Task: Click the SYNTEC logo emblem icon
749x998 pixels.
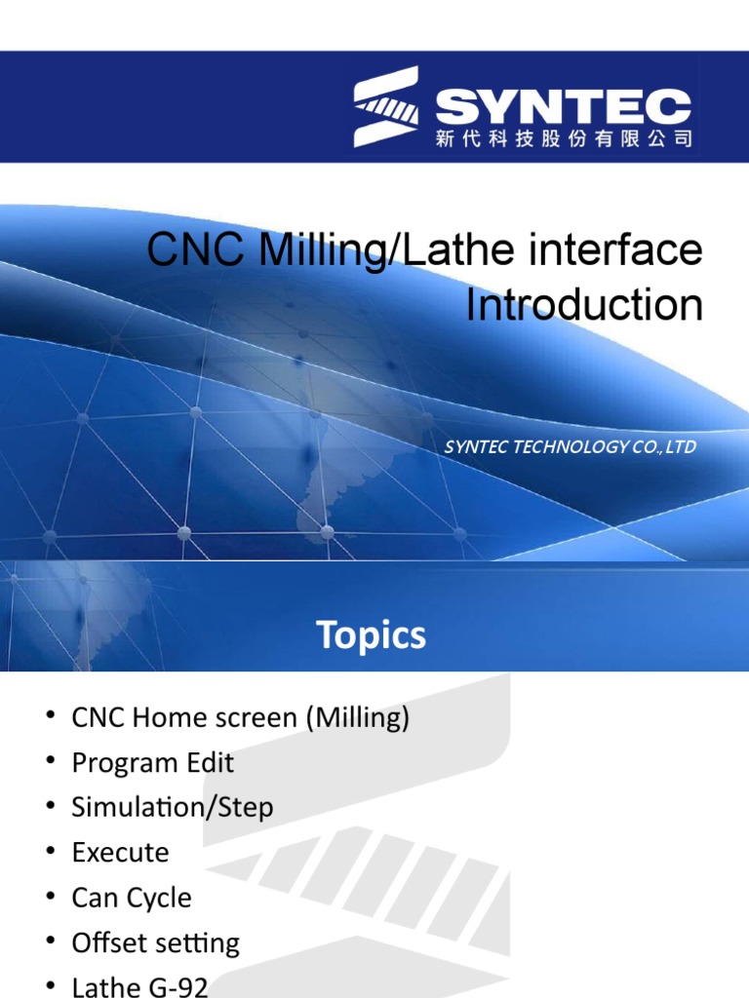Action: tap(386, 107)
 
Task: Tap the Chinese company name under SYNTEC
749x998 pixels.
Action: tap(563, 139)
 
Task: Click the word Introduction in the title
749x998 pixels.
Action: tap(583, 306)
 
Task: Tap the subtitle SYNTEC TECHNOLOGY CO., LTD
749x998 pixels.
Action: tap(570, 447)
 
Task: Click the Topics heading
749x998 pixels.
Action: tap(372, 635)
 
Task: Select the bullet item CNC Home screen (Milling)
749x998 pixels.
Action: tap(240, 718)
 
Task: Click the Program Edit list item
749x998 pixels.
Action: tap(152, 762)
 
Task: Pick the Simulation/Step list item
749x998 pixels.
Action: tap(172, 807)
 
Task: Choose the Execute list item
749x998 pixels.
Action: tap(120, 853)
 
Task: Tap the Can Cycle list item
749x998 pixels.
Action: tap(132, 898)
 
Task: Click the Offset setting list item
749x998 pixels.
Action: tap(155, 942)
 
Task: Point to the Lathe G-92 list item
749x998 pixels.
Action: tap(139, 985)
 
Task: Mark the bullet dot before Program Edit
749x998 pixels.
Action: tap(50, 763)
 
